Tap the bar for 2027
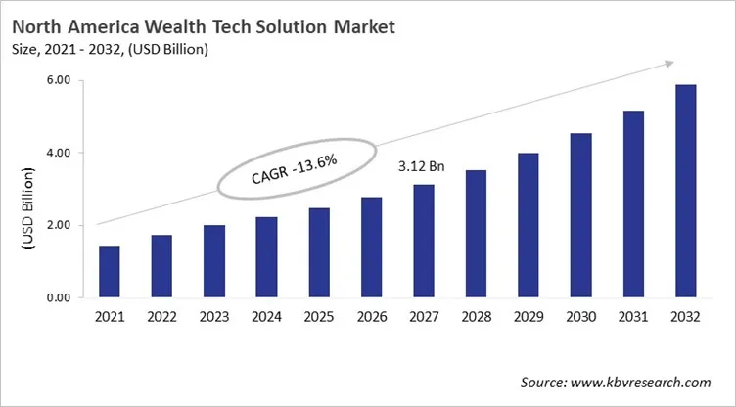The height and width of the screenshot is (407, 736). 423,241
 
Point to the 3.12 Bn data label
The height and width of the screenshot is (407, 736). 422,167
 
